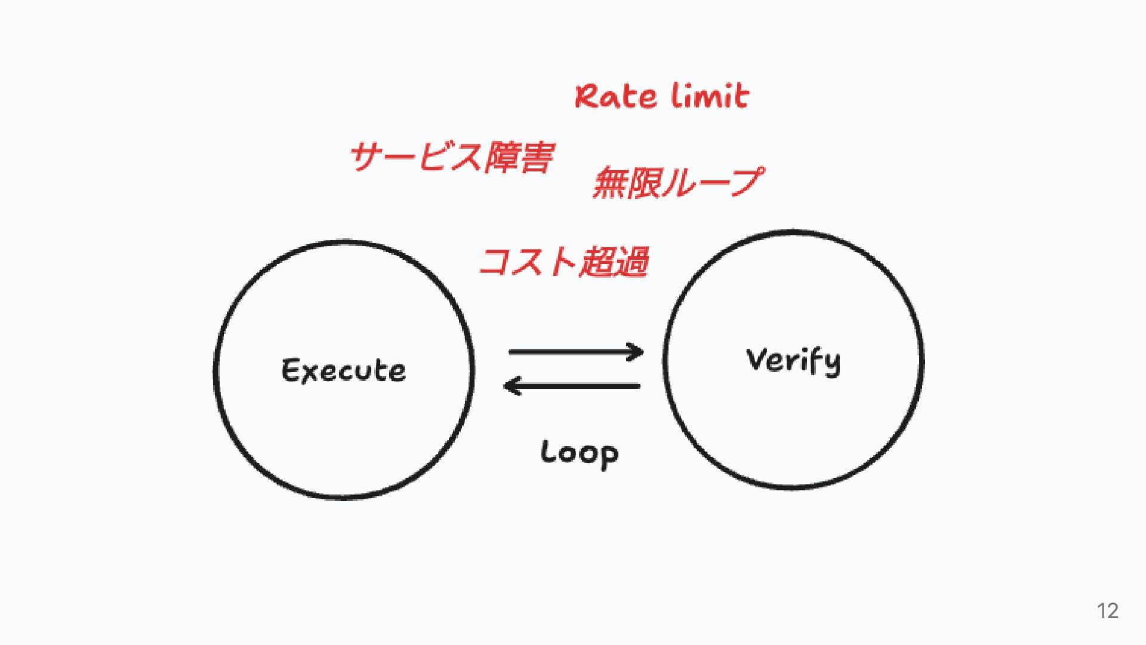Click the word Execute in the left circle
344,370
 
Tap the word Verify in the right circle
793,361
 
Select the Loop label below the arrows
580,453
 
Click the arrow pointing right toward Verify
576,352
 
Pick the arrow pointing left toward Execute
572,386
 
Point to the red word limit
710,96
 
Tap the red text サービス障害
452,158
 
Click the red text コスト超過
564,262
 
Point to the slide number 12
1108,611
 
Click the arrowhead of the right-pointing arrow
636,352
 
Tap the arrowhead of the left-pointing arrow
512,386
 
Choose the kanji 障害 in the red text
519,158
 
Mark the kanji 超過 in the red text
614,262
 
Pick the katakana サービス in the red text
417,158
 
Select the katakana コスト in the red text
528,262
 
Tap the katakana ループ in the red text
713,182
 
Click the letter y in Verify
831,364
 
